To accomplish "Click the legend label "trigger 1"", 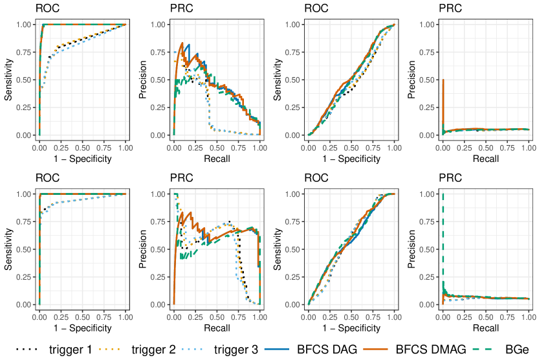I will pos(71,350).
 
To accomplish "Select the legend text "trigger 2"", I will pos(153,350).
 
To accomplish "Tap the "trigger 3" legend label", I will pos(236,350).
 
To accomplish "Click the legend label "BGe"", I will pos(517,350).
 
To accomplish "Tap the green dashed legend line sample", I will pos(490,350).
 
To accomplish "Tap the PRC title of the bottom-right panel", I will pos(450,178).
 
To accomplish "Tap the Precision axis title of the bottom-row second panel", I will pos(144,249).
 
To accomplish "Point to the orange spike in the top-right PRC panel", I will pos(443,97).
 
